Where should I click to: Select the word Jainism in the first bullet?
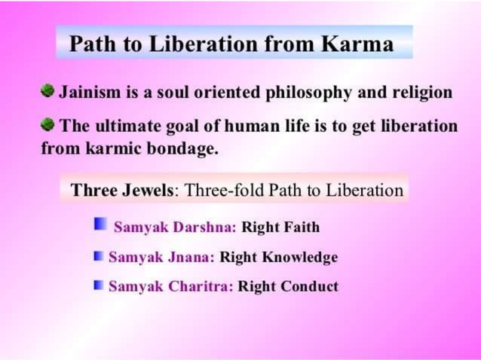pos(88,93)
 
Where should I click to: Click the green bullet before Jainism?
pos(47,91)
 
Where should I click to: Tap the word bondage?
pos(185,148)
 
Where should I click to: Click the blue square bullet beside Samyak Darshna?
pos(100,224)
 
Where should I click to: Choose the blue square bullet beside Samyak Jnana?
pos(98,256)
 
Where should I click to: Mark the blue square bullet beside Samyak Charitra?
pos(98,285)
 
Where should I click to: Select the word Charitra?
pos(203,287)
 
